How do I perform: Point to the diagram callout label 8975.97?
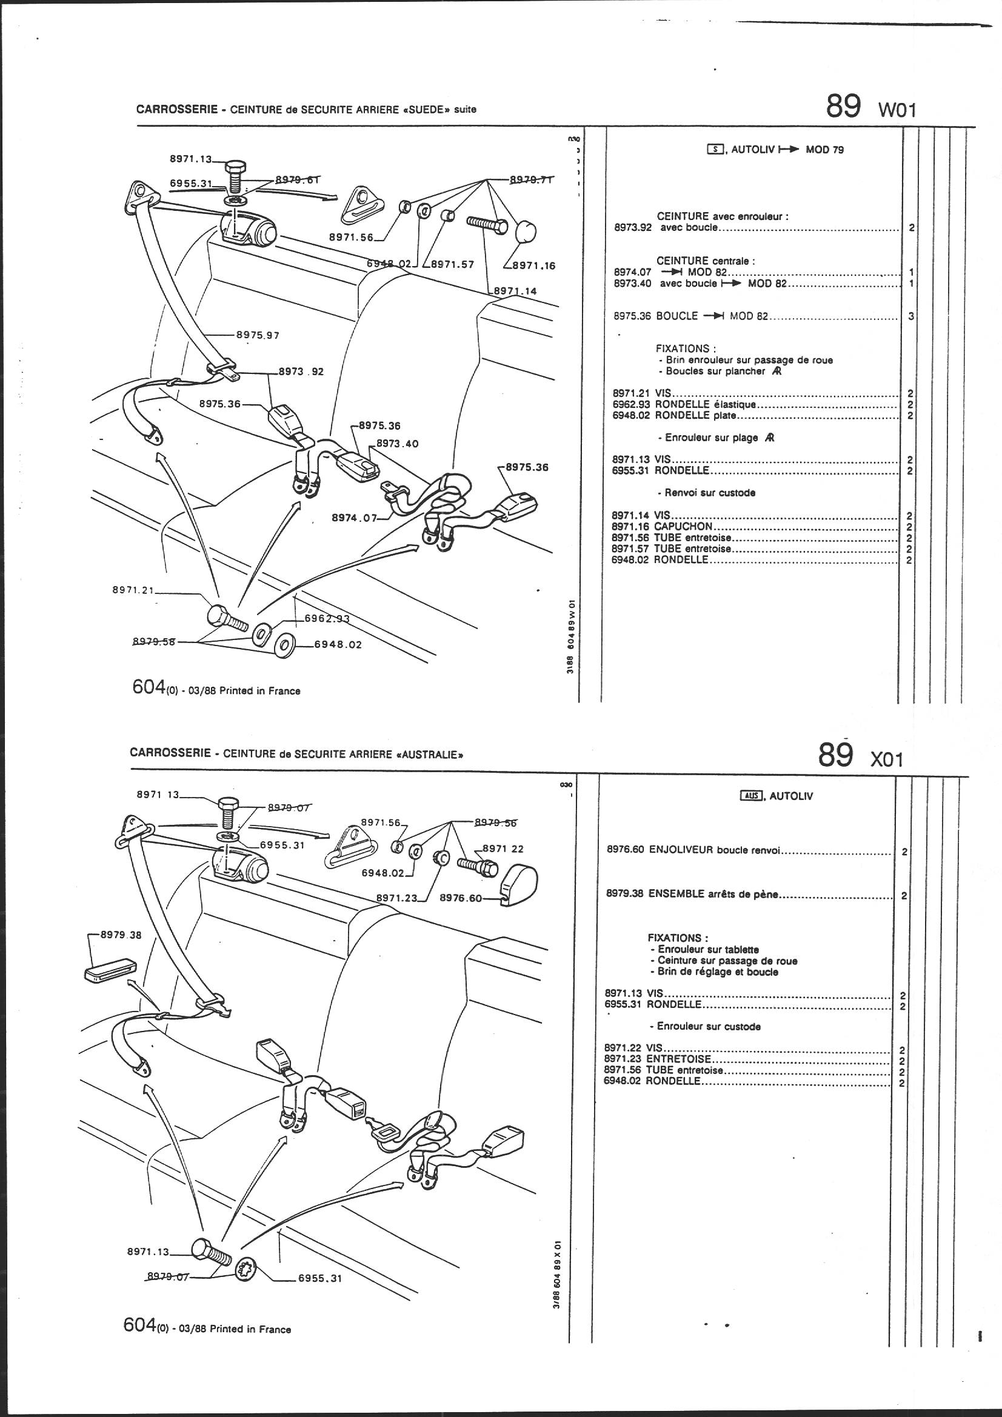point(258,336)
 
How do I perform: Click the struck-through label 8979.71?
point(530,179)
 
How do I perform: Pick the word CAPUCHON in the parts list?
point(683,527)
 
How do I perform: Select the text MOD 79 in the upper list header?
point(825,150)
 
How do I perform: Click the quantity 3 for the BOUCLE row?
point(911,316)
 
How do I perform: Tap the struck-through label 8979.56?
point(496,822)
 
